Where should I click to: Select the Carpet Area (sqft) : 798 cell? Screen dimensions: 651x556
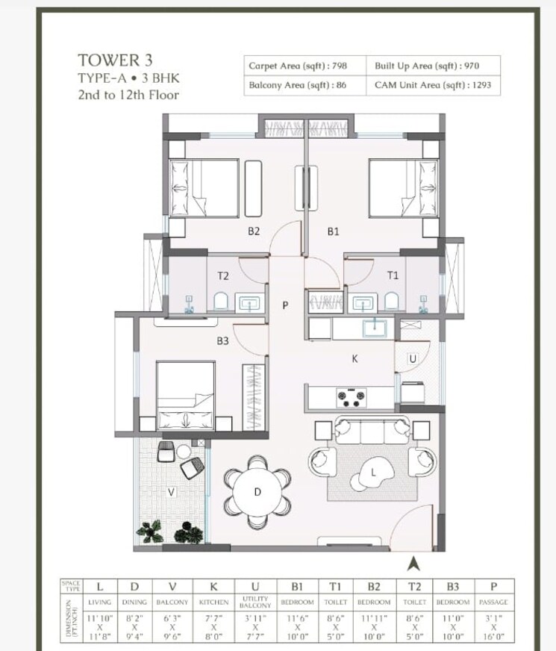(297, 66)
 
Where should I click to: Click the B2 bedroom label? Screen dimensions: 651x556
(254, 231)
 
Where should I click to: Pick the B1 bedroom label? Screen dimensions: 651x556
(334, 231)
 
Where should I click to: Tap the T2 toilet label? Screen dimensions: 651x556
(222, 275)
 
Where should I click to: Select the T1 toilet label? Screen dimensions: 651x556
(393, 275)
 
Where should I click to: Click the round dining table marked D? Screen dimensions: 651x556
(257, 491)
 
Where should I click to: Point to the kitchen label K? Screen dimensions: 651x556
(355, 358)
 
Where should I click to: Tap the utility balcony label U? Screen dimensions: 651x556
(411, 359)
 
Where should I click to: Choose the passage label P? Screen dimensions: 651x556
(285, 305)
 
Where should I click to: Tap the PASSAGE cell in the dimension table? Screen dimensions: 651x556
(493, 602)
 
